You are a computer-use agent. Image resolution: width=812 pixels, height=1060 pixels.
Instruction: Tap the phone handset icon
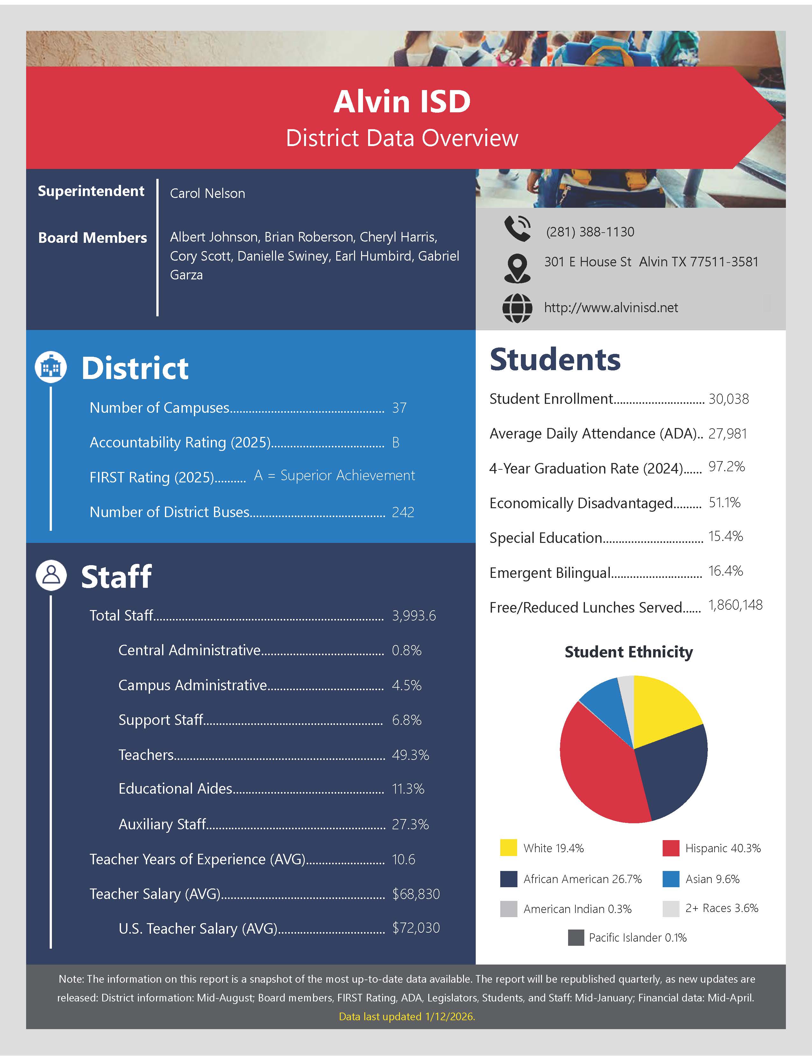[x=517, y=228]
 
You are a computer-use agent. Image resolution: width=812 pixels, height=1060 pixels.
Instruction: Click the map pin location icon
[x=517, y=268]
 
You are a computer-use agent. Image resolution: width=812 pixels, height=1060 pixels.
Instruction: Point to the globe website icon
[x=517, y=308]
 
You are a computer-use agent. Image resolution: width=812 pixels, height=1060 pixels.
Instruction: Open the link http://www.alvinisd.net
[x=611, y=308]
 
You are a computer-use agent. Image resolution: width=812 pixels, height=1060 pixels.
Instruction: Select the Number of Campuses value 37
[x=399, y=408]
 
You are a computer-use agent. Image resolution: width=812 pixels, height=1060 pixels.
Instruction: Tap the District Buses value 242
[x=403, y=512]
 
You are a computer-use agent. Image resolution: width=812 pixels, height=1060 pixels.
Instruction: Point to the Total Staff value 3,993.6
[x=414, y=616]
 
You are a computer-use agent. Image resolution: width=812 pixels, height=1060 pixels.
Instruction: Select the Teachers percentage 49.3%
[x=410, y=755]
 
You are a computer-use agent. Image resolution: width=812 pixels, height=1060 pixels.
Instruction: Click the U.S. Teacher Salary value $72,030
[x=416, y=928]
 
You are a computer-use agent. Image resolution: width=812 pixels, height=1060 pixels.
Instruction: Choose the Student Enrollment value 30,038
[x=728, y=399]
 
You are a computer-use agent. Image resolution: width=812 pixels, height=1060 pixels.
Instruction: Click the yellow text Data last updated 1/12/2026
[x=407, y=1016]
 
